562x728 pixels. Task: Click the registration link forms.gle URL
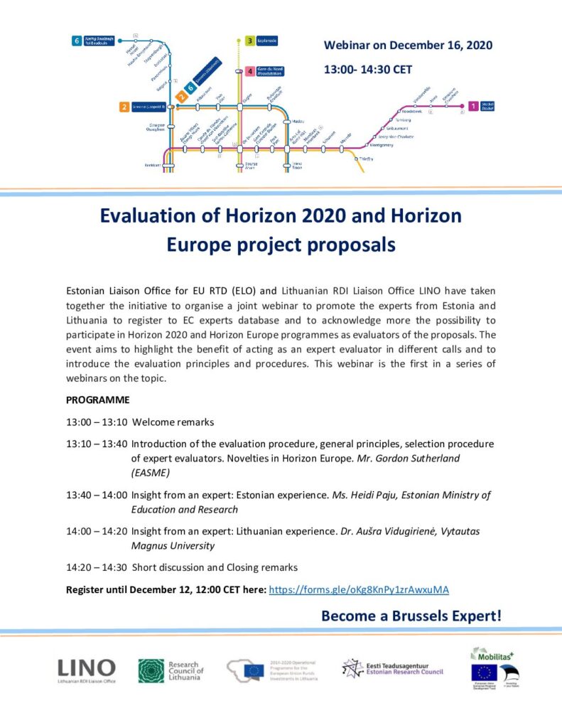pos(359,589)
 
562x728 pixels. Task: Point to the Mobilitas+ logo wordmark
pos(495,654)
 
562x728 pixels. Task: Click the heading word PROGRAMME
pos(98,400)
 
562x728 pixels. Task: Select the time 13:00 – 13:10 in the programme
pos(97,422)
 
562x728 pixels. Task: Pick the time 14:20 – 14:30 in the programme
pos(97,567)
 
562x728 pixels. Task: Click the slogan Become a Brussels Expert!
pos(411,616)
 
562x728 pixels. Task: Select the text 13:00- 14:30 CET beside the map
pos(367,70)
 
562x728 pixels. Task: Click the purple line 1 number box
pos(473,107)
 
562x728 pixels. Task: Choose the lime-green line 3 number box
pos(250,41)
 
